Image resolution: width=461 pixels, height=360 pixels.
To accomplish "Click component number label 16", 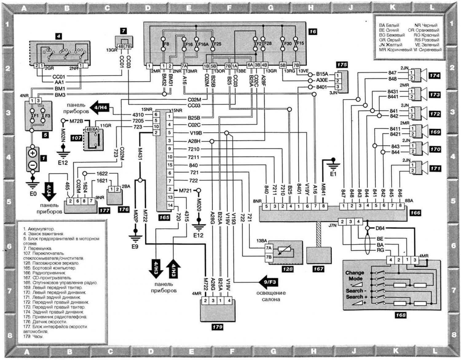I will pyautogui.click(x=313, y=32).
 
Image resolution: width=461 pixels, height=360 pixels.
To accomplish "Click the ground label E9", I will pyautogui.click(x=135, y=246).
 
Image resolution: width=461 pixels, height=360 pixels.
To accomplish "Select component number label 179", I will pyautogui.click(x=217, y=327).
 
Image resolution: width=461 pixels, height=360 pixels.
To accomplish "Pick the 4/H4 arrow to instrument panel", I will pyautogui.click(x=99, y=107).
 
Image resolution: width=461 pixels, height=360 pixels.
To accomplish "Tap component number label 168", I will pyautogui.click(x=401, y=315).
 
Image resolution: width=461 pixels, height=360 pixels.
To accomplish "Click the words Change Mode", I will pyautogui.click(x=355, y=276).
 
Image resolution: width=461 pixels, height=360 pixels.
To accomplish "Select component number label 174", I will pyautogui.click(x=435, y=76).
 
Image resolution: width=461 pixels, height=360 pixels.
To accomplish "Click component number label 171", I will pyautogui.click(x=435, y=169).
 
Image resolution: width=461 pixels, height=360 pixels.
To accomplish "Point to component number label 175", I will pyautogui.click(x=342, y=65).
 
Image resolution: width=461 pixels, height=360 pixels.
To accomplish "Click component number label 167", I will pyautogui.click(x=318, y=269).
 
